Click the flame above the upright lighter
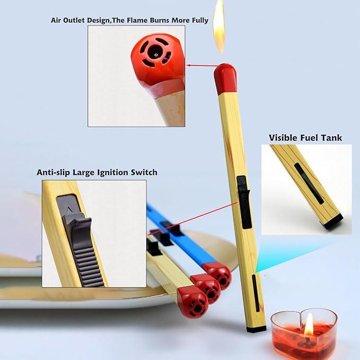click(219, 27)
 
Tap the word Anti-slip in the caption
click(54, 172)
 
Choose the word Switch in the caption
click(144, 172)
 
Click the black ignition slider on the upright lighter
click(243, 203)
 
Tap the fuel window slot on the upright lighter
click(256, 293)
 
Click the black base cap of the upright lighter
click(257, 329)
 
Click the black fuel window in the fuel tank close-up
click(309, 183)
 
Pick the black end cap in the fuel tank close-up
click(333, 222)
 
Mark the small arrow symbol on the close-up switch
click(69, 209)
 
